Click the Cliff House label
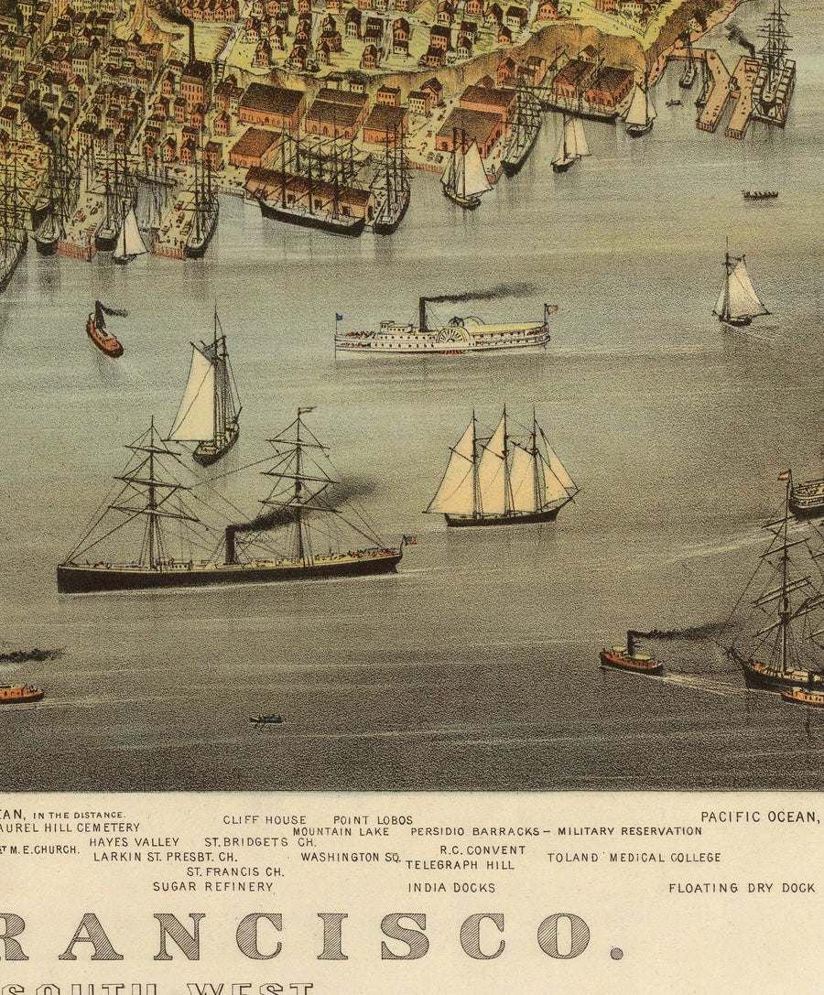(265, 820)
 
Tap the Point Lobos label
(373, 820)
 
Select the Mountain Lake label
(341, 832)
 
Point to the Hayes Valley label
(134, 842)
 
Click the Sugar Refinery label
(212, 886)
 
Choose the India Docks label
(451, 887)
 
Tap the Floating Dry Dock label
(742, 888)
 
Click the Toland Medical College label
(634, 858)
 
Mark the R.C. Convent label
(482, 849)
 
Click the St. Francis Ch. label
(235, 871)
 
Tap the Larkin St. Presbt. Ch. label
(165, 857)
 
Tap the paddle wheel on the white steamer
(452, 336)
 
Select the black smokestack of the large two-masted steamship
(231, 545)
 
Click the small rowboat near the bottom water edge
(266, 719)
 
